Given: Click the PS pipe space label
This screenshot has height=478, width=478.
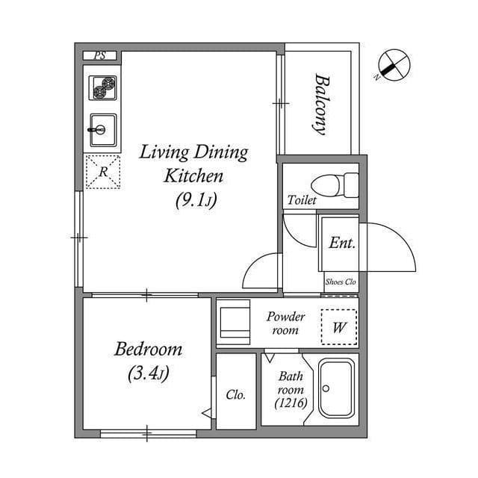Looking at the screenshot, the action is pyautogui.click(x=99, y=55).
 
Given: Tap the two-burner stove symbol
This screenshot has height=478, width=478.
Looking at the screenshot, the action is pyautogui.click(x=103, y=88).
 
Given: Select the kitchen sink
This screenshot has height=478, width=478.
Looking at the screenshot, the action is pyautogui.click(x=103, y=130).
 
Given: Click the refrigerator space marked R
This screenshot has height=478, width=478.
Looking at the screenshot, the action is pyautogui.click(x=103, y=172).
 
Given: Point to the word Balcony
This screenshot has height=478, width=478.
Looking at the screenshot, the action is pyautogui.click(x=322, y=104).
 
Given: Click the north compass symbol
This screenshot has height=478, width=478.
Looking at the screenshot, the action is pyautogui.click(x=394, y=66).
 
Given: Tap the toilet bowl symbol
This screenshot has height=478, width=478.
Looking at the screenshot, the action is pyautogui.click(x=335, y=185).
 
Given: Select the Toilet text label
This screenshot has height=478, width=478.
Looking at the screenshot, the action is pyautogui.click(x=302, y=200).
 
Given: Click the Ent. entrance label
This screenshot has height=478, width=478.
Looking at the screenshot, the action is pyautogui.click(x=342, y=243).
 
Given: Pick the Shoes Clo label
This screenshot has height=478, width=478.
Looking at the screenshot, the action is pyautogui.click(x=341, y=282).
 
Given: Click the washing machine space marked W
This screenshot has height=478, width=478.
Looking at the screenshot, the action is pyautogui.click(x=339, y=327).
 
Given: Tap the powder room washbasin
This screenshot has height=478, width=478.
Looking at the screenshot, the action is pyautogui.click(x=233, y=322).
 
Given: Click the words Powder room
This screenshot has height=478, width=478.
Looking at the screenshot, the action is pyautogui.click(x=285, y=323).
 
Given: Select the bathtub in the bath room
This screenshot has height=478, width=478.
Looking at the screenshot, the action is pyautogui.click(x=337, y=388).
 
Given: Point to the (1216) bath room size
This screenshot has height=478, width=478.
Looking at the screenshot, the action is pyautogui.click(x=291, y=403).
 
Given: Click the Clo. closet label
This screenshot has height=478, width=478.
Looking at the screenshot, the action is pyautogui.click(x=236, y=395).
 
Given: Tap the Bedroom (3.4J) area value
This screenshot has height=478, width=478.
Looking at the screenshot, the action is pyautogui.click(x=149, y=373).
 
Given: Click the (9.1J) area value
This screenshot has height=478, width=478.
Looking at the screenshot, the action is pyautogui.click(x=196, y=200).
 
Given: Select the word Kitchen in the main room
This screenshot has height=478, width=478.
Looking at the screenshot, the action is pyautogui.click(x=193, y=176).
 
